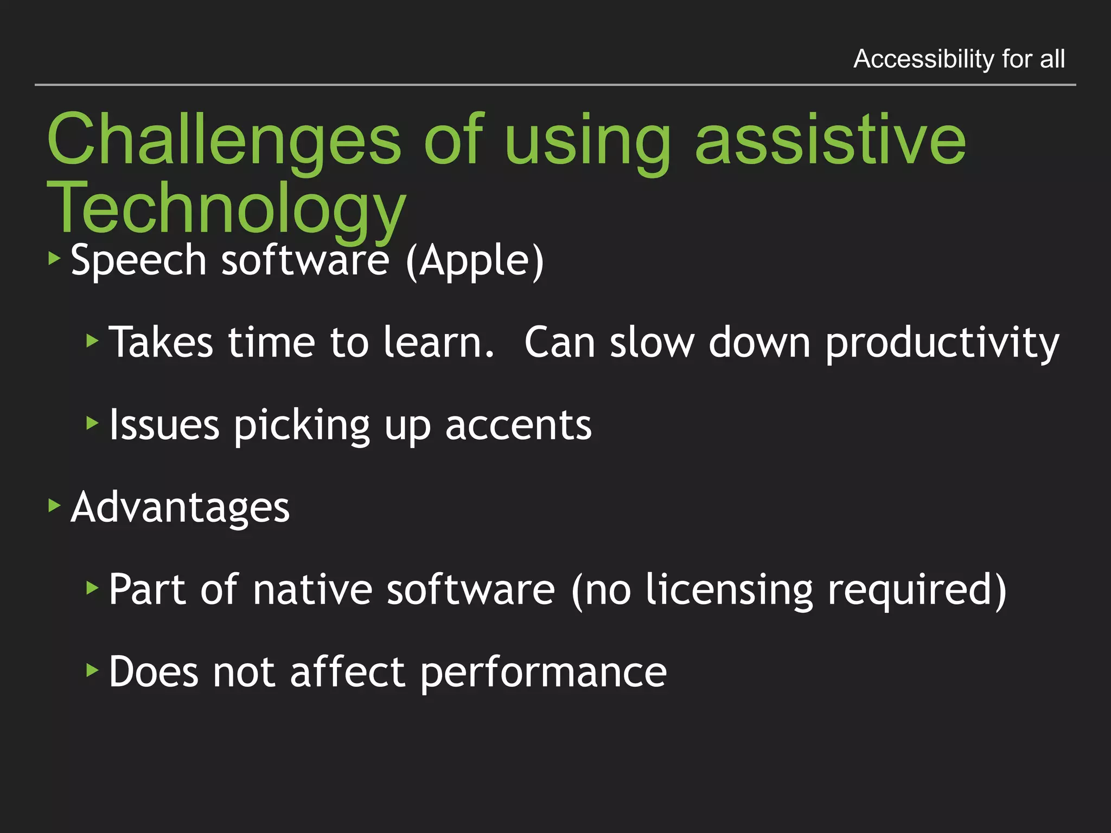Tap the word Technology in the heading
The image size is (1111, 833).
[x=226, y=209]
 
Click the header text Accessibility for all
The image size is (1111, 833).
[x=959, y=59]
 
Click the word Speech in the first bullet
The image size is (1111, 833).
[x=139, y=260]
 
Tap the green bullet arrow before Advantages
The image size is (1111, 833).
[x=54, y=506]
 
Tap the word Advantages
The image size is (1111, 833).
[x=180, y=507]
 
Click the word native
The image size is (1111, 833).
[x=312, y=589]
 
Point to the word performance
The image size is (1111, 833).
[x=543, y=672]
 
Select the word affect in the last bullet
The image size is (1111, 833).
[x=347, y=671]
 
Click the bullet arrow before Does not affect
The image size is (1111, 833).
[x=92, y=670]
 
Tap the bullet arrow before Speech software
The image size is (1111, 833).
[x=54, y=259]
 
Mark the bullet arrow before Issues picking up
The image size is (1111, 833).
[x=92, y=423]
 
